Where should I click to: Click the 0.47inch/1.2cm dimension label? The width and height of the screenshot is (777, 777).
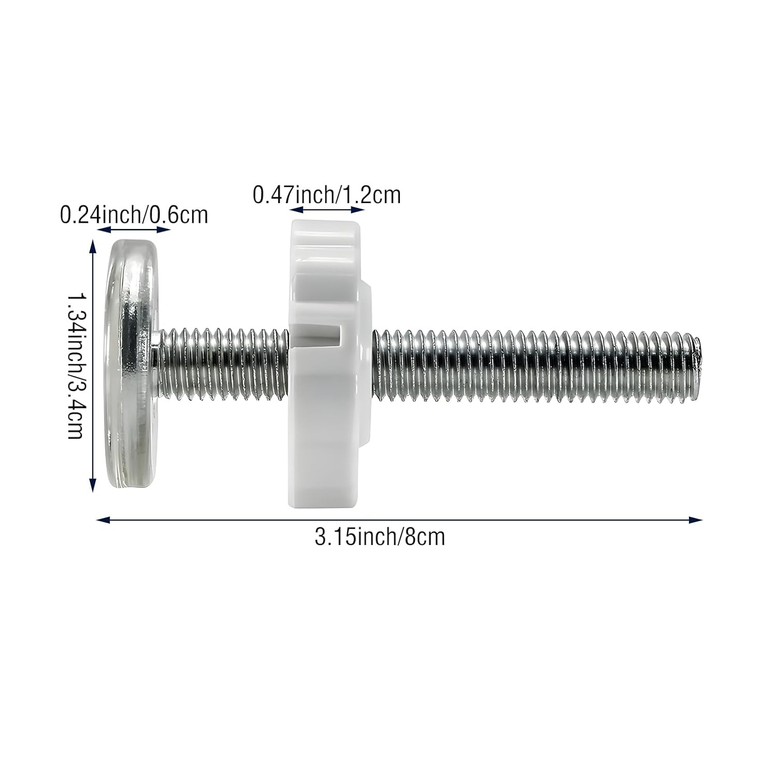pos(326,195)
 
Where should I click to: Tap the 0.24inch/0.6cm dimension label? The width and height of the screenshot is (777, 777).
pos(134,214)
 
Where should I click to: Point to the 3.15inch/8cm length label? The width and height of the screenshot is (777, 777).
pos(380,537)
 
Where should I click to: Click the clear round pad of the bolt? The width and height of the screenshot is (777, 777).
pos(132,365)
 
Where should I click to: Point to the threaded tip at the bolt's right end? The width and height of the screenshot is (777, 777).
pos(697,363)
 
